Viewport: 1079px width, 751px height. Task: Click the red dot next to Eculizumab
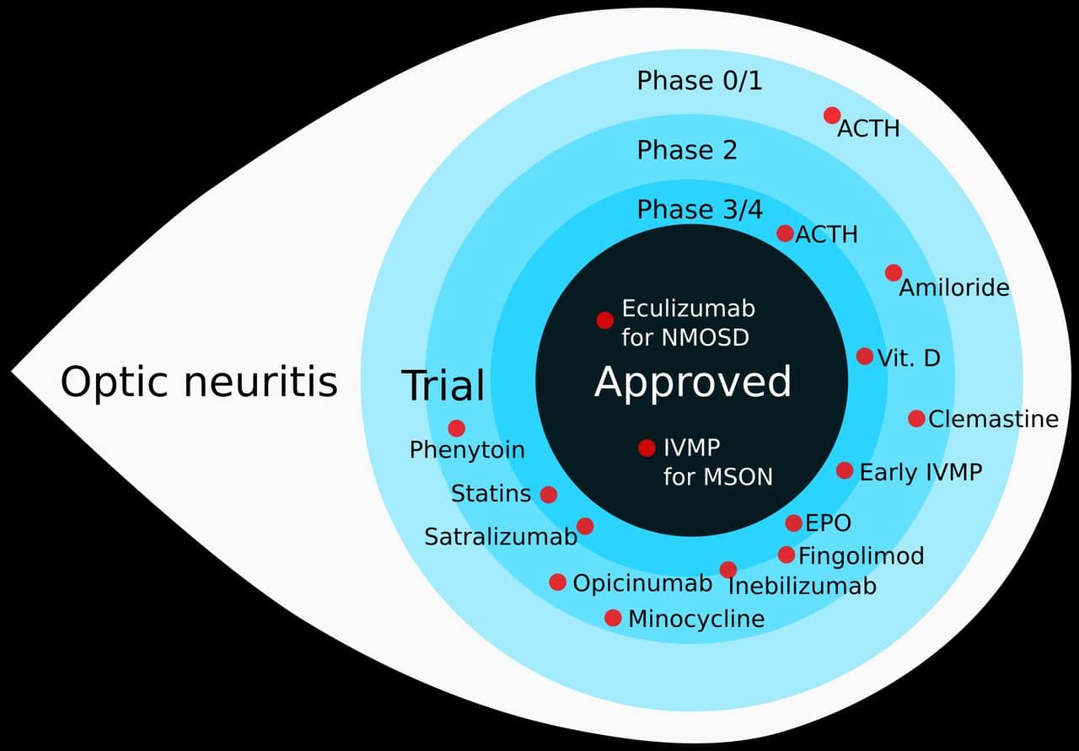604,320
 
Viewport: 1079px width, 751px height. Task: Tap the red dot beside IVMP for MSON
647,448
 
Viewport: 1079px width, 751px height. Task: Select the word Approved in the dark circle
693,382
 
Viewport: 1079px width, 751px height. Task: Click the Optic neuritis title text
199,382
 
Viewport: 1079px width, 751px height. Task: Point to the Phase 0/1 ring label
699,81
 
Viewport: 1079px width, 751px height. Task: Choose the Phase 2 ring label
686,150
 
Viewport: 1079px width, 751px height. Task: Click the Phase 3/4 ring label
699,209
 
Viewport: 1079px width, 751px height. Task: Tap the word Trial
443,386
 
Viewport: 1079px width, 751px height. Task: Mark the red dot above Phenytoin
456,428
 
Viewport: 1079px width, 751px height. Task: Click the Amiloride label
953,288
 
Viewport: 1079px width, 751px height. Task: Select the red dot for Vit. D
864,357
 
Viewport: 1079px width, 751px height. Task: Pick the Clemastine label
993,419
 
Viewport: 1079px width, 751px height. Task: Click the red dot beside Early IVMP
845,470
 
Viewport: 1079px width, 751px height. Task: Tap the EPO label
828,523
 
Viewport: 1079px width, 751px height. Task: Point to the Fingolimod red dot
786,555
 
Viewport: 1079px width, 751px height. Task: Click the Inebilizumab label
802,586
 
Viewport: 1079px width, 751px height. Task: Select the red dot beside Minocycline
613,618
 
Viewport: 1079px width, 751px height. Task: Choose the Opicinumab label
642,583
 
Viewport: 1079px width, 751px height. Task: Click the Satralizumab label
500,537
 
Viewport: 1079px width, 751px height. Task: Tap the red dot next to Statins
548,495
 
